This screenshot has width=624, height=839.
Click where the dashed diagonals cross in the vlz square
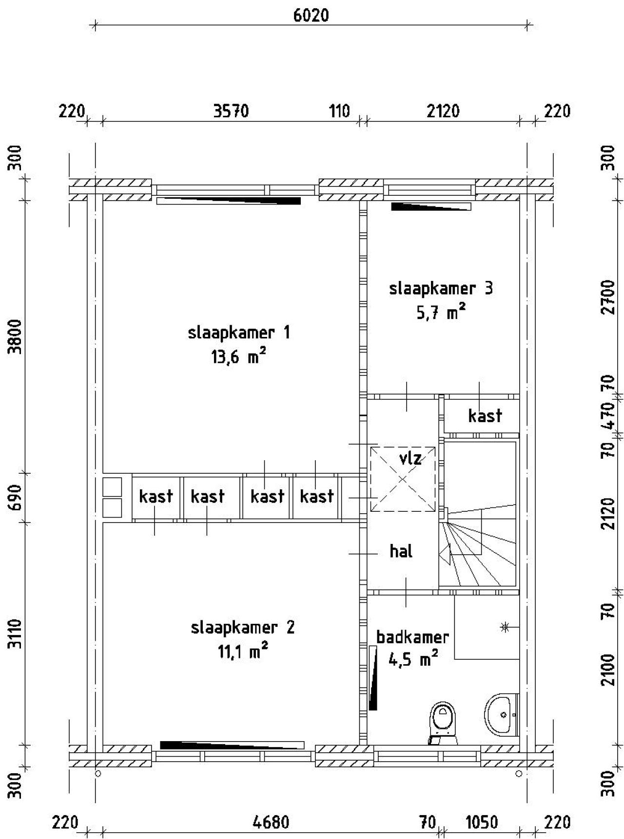tap(403, 479)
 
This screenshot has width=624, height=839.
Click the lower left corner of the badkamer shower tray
tap(455, 659)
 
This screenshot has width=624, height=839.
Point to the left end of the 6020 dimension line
tap(96, 25)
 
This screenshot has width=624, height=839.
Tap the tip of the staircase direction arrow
tap(439, 554)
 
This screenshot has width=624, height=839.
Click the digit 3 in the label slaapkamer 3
tap(488, 288)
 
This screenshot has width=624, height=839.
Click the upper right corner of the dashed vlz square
tap(435, 447)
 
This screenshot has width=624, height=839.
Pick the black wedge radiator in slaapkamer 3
tap(431, 206)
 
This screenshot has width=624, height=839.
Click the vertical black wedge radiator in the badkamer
tap(373, 678)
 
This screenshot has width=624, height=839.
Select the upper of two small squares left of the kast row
tap(112, 486)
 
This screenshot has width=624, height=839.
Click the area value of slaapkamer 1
tap(238, 357)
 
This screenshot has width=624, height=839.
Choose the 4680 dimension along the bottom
tap(271, 822)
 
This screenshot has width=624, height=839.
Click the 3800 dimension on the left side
tap(16, 336)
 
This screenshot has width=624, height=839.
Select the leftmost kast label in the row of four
tap(156, 496)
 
